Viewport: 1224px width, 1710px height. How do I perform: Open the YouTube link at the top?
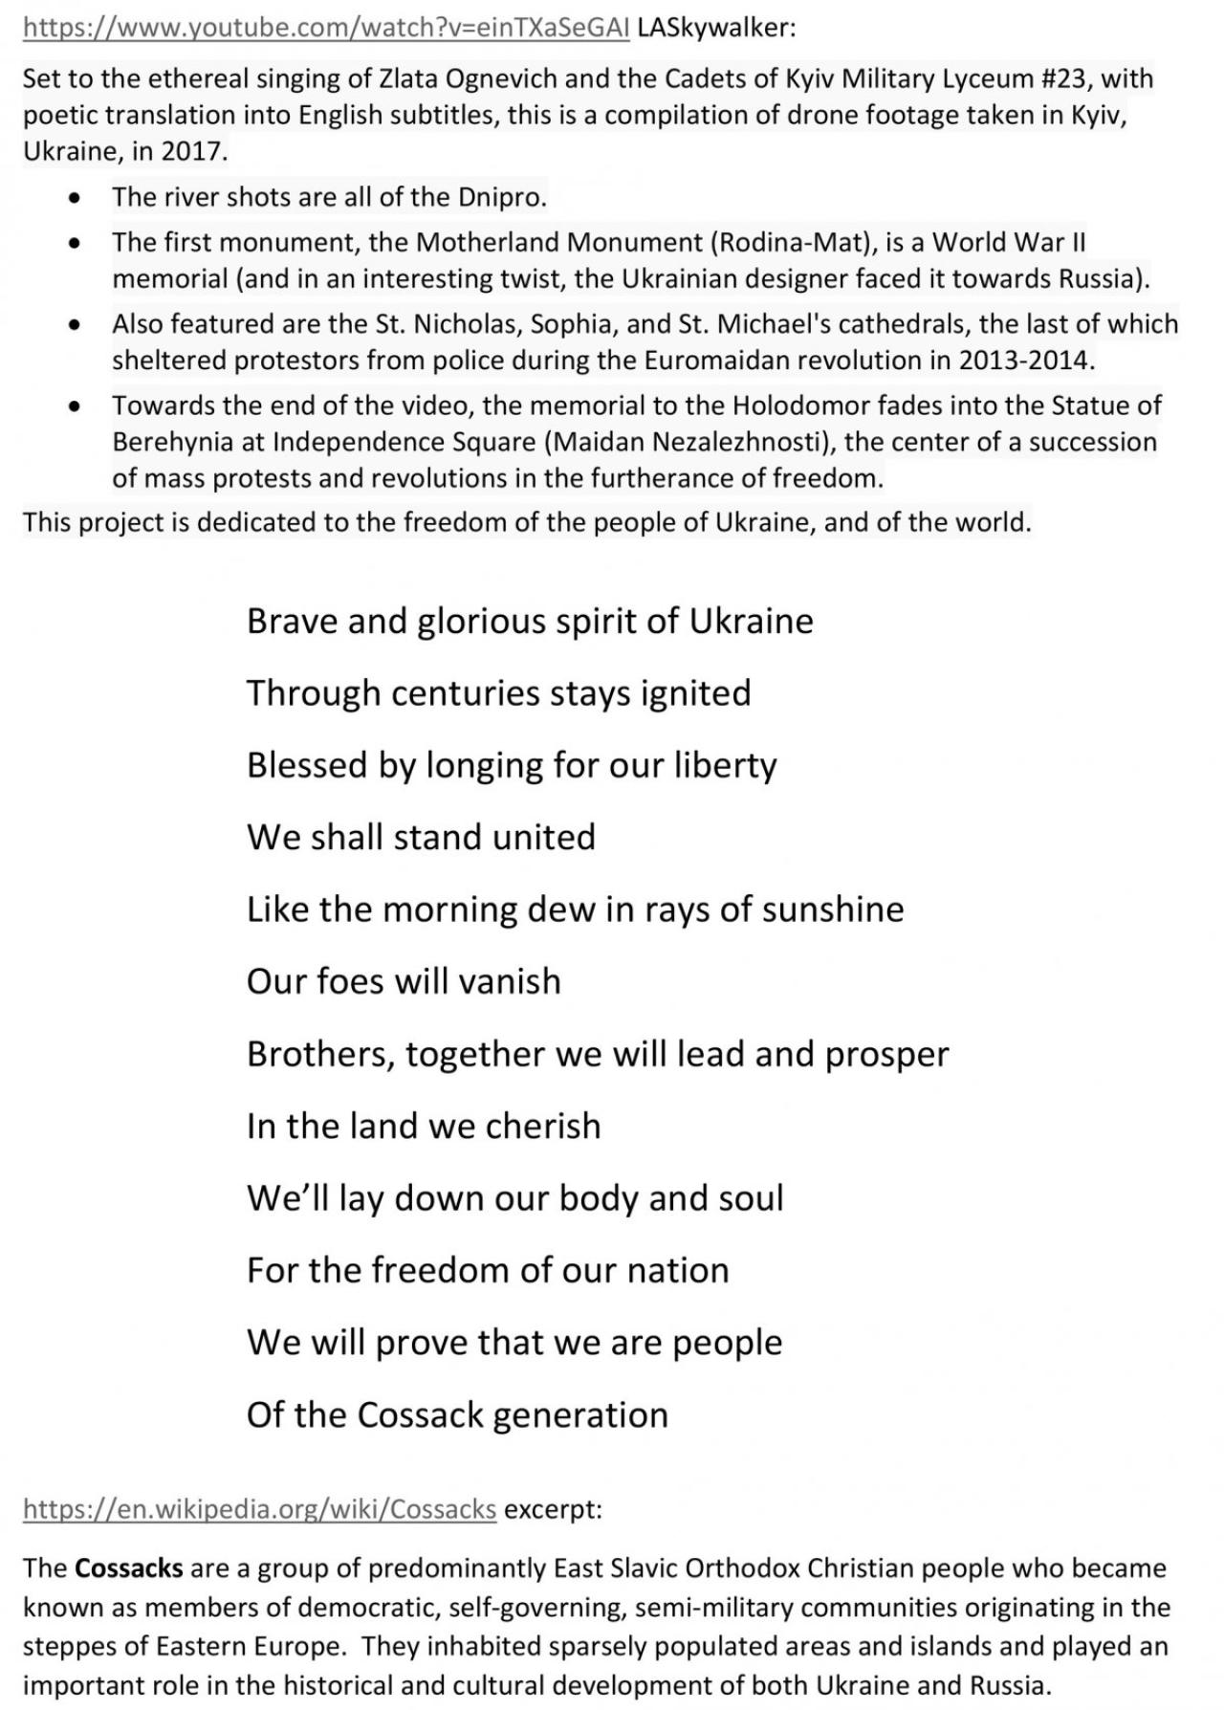pos(325,28)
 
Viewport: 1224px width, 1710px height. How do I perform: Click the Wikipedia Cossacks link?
pos(259,1508)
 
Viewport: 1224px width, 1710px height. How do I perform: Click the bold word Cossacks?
pos(128,1568)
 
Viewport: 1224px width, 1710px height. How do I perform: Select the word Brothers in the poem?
pos(318,1054)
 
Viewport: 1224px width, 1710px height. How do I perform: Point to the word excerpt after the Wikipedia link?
pos(552,1508)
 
